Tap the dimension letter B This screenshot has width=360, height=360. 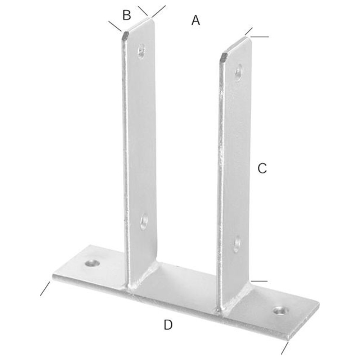click(x=127, y=15)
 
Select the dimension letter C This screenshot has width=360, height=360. click(x=262, y=168)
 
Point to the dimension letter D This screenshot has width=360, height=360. click(x=168, y=325)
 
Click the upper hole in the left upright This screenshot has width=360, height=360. click(x=141, y=51)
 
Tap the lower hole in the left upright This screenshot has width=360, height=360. click(x=144, y=221)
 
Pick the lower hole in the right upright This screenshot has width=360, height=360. click(x=237, y=244)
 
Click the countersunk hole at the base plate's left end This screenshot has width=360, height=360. click(x=92, y=263)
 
